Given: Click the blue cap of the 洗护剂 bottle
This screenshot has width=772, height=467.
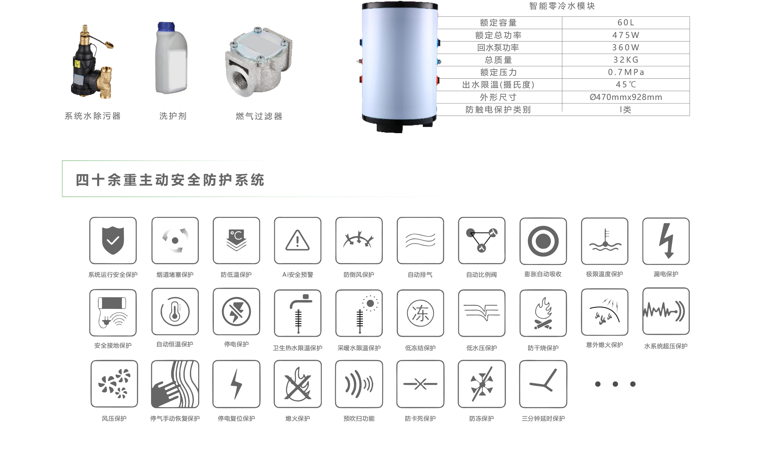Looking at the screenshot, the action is (166, 26).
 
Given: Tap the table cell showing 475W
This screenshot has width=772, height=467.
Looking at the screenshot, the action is (626, 35).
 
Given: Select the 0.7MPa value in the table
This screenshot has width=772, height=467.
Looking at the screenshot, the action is (626, 72).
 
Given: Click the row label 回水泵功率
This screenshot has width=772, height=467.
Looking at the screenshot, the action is (498, 47).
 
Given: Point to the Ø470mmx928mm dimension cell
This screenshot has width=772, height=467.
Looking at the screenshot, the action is (626, 97).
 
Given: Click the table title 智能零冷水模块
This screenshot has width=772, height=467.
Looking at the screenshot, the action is (562, 6).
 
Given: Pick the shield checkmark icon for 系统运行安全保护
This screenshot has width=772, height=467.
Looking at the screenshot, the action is (113, 241).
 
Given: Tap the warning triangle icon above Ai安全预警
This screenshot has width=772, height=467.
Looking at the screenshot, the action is (298, 240).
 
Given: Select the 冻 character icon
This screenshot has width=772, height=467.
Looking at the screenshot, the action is (420, 313).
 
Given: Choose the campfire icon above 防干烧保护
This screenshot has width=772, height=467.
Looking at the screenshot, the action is (543, 313).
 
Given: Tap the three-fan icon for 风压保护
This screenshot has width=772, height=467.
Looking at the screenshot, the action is (114, 384).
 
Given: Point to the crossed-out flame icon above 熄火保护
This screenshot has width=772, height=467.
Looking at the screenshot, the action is (298, 384).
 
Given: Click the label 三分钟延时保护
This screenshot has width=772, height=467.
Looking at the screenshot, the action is (543, 418).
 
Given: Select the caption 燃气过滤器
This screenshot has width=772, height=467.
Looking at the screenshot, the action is (259, 116).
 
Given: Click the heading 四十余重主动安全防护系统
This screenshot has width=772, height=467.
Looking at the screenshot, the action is (170, 180).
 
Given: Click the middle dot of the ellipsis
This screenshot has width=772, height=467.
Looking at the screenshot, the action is (615, 384).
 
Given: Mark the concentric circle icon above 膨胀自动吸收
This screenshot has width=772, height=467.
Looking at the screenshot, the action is (543, 241).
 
